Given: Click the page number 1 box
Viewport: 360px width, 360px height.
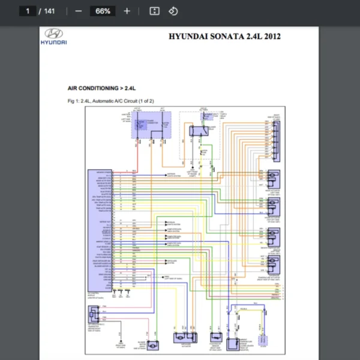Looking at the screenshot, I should click(x=28, y=11).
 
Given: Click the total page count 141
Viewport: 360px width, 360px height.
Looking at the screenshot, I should click(x=49, y=11).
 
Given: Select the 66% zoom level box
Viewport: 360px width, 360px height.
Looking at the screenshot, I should click(x=103, y=11).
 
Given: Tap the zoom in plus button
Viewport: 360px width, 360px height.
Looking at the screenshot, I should click(x=126, y=11).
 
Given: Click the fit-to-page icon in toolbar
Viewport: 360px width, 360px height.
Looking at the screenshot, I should click(x=154, y=11).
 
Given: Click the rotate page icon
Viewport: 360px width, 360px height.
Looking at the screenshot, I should click(x=173, y=11).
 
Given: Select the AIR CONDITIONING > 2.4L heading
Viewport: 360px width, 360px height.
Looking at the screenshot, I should click(x=101, y=88).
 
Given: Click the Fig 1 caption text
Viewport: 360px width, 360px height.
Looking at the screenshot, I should click(x=111, y=101).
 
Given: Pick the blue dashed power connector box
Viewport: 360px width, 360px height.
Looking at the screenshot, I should click(x=151, y=124).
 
